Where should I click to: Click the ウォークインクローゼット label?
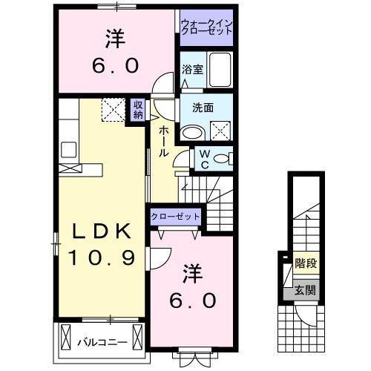point(207,27)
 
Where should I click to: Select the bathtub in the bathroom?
point(219,72)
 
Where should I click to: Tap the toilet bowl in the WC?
point(226,158)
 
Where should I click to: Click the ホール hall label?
point(161,140)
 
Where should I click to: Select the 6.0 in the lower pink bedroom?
point(195,301)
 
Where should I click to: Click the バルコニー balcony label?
point(102,342)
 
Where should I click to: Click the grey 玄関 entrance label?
point(304,290)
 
